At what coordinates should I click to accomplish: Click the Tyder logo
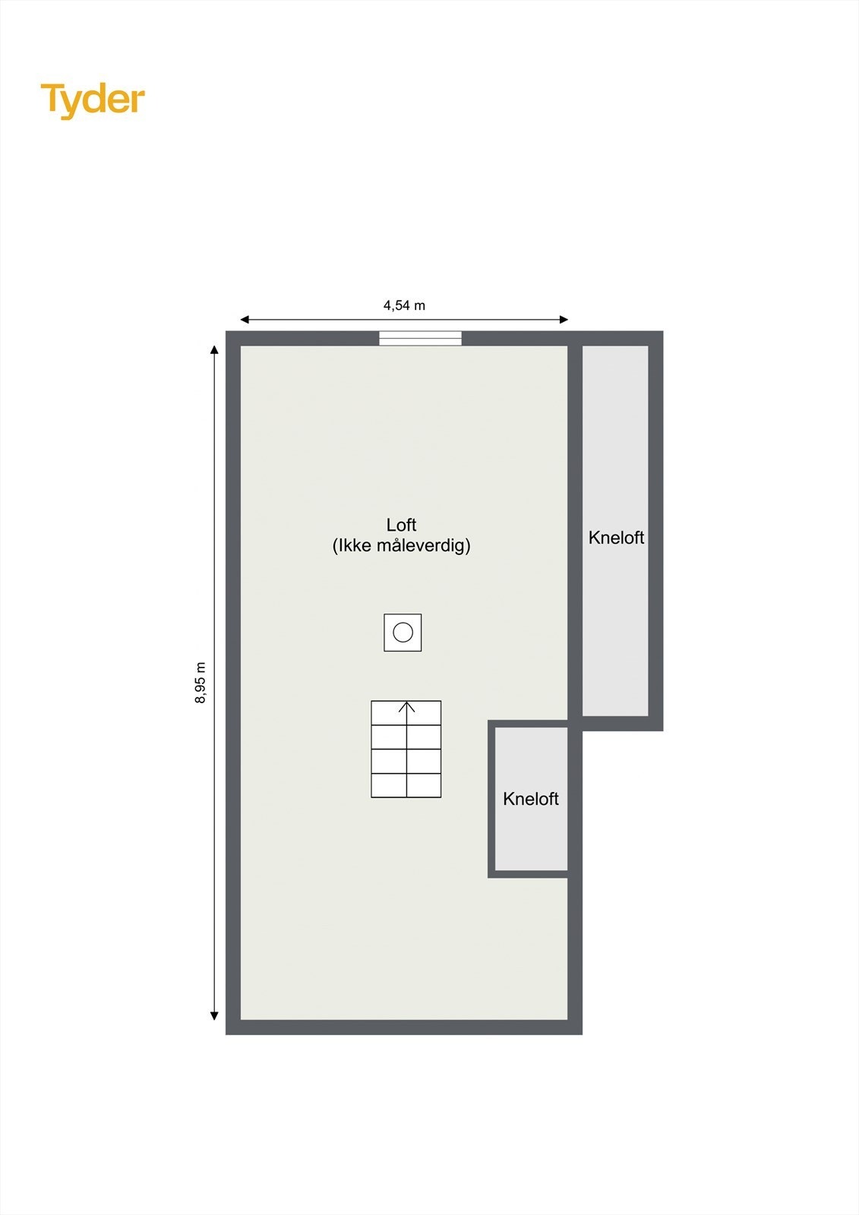tap(93, 100)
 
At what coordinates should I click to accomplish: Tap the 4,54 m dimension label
tap(404, 305)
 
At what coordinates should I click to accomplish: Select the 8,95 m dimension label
tap(201, 683)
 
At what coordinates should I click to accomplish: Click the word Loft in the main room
tap(401, 525)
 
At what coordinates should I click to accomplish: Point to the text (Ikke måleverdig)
tap(401, 545)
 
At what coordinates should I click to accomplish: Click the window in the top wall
tap(420, 339)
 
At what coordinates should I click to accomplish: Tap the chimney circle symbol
tap(403, 632)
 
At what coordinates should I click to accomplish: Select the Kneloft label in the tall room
tap(616, 538)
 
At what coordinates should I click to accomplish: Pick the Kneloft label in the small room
tap(531, 799)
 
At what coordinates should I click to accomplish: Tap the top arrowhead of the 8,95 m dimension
tap(215, 350)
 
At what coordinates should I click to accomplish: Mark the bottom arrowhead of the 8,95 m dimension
tap(215, 1016)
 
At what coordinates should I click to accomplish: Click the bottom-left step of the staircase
tap(389, 785)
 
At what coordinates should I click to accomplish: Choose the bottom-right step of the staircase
tap(424, 785)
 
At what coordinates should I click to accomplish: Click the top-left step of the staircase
tap(389, 713)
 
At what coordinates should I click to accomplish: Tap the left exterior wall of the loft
tap(233, 683)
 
